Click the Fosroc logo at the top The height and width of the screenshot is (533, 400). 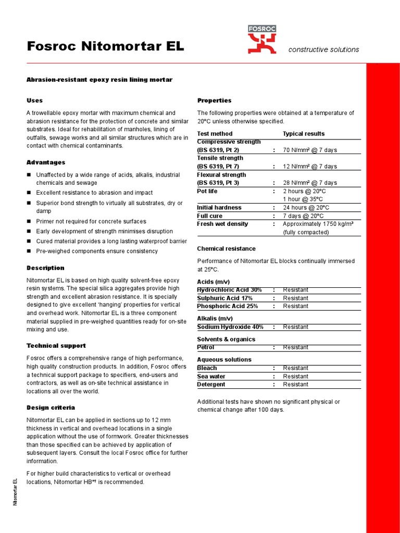click(262, 40)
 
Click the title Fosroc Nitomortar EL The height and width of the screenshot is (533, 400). click(105, 46)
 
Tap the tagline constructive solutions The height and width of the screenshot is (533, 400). click(323, 49)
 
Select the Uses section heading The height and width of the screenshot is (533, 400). click(34, 100)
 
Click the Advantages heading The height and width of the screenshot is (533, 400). click(46, 162)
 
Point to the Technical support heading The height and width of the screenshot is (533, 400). click(56, 346)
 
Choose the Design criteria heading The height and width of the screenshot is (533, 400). click(51, 408)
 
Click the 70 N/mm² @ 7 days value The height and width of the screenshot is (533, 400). click(309, 150)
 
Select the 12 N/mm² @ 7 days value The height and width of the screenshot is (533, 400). click(309, 167)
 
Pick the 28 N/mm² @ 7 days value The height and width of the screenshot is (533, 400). click(309, 183)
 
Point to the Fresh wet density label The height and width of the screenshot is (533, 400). click(222, 224)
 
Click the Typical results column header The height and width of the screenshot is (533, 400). click(303, 134)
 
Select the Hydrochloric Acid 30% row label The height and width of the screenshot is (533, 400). click(229, 290)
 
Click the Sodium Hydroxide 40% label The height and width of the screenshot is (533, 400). click(230, 327)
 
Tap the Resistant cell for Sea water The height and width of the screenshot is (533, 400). click(295, 376)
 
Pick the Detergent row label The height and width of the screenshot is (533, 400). click(211, 385)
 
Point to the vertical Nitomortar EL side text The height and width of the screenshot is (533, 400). click(16, 491)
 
